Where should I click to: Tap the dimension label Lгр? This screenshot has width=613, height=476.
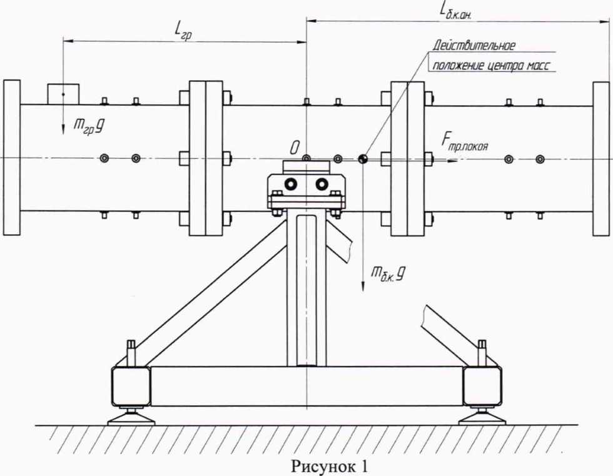point(183,29)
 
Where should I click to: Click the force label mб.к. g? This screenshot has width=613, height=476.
point(385,273)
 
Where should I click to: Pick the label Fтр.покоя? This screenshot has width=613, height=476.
point(464,146)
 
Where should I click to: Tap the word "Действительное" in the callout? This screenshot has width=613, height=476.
point(474,46)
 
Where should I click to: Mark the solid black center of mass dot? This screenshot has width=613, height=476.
point(363,158)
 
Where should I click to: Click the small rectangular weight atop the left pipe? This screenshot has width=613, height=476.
point(63,93)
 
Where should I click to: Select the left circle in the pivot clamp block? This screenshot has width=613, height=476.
point(290,184)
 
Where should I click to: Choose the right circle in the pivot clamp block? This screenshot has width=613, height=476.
point(322,184)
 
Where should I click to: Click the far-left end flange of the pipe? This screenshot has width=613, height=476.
point(12,157)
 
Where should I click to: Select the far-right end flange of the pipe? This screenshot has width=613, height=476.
point(601,158)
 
